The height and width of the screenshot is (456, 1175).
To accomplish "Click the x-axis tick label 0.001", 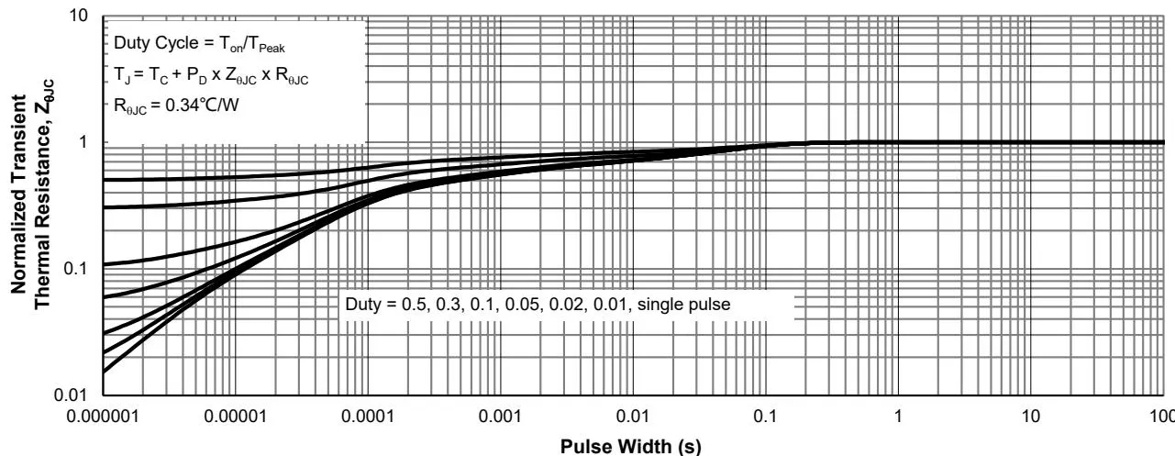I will point(501,415).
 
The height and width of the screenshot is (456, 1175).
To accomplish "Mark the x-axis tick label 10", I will point(1031,415).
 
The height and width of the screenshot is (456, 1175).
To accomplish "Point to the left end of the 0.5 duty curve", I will point(105,180).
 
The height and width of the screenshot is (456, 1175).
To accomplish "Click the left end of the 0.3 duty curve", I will point(105,208).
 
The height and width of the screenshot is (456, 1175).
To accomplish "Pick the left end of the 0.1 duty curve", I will point(105,264).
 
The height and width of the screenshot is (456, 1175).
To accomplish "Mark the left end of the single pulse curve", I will point(105,372).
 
